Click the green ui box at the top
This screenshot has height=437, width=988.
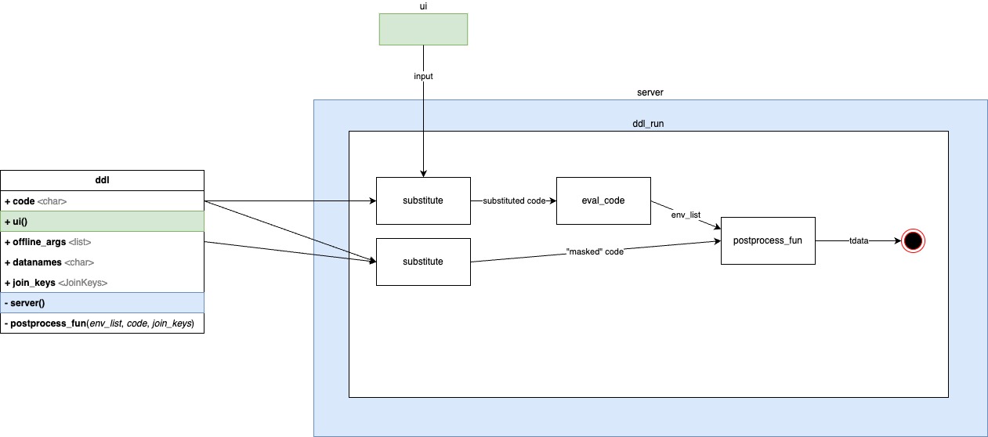(423, 29)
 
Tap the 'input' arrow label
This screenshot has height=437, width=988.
(423, 76)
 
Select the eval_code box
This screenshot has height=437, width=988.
(603, 200)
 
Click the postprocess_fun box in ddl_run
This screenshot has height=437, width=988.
(768, 240)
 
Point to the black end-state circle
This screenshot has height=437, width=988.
(912, 241)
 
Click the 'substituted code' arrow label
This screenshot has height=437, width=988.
(514, 200)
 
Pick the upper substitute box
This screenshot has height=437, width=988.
(423, 200)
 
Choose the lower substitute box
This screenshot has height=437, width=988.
(423, 262)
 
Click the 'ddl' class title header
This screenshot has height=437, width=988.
(102, 180)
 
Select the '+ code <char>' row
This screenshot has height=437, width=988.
(102, 200)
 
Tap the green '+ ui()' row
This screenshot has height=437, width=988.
(102, 221)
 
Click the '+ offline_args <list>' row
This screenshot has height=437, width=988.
(102, 241)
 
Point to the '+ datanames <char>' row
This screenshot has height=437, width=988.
(102, 262)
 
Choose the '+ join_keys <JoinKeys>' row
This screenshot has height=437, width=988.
(102, 282)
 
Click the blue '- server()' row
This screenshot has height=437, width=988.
(102, 302)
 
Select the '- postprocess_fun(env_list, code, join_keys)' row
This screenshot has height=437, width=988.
(102, 323)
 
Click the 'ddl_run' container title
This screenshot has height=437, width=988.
(649, 123)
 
